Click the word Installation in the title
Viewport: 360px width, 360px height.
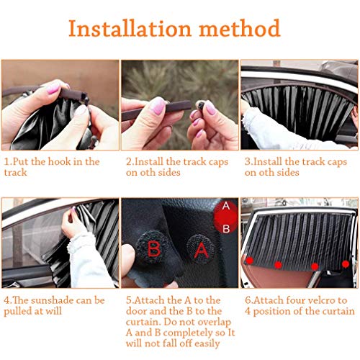(130, 29)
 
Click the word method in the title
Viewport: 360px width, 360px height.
(240, 28)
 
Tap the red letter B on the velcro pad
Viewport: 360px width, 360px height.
(154, 249)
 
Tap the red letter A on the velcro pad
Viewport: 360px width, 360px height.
(202, 251)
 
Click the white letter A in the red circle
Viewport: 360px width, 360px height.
(226, 206)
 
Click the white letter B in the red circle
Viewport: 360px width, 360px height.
(226, 229)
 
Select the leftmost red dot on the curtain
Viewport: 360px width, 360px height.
(250, 261)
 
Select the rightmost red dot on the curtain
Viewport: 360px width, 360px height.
(346, 264)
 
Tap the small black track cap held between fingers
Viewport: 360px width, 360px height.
(200, 105)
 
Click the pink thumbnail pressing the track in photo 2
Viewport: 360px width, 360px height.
(158, 106)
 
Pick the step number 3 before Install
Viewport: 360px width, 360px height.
(248, 161)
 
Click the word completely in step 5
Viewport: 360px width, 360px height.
(194, 333)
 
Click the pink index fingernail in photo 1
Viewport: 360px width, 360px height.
(53, 89)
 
